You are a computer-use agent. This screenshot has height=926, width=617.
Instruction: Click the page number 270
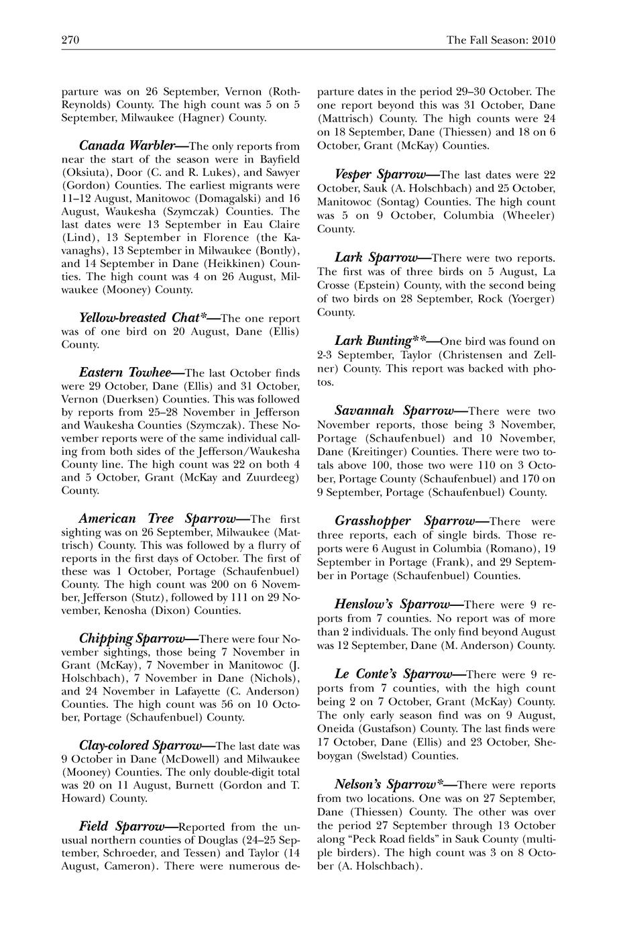coord(70,40)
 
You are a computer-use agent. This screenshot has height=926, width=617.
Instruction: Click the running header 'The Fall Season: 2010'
coord(501,40)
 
